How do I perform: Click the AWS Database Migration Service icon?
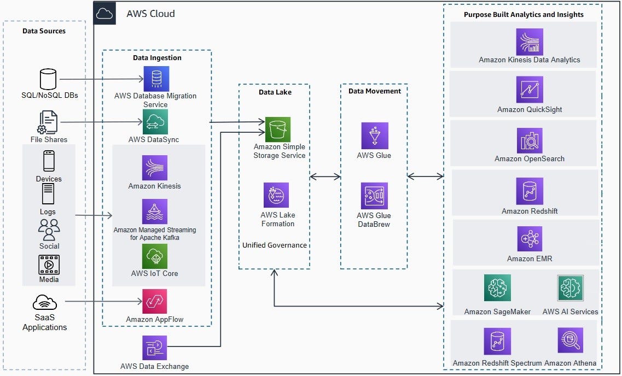(x=156, y=79)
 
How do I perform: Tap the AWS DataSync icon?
(x=155, y=121)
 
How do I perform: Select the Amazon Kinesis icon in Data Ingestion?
(x=155, y=168)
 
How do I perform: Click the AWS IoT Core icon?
(x=155, y=256)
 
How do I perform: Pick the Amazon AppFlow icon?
(x=155, y=302)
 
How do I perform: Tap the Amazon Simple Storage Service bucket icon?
(x=278, y=130)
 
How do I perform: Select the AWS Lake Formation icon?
(x=276, y=195)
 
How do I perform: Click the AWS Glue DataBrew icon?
(x=374, y=196)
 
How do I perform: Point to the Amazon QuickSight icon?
(x=530, y=89)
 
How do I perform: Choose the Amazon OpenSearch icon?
(x=530, y=140)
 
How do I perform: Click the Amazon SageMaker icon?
(x=497, y=288)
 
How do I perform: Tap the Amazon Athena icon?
(x=570, y=340)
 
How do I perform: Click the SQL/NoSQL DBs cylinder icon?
(x=48, y=79)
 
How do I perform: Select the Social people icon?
(x=49, y=230)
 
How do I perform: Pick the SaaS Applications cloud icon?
(x=45, y=302)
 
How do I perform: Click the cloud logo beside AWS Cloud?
(x=104, y=14)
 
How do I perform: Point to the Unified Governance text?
(x=275, y=245)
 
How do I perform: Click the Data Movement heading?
(x=375, y=91)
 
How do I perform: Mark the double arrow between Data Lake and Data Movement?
(x=325, y=177)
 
